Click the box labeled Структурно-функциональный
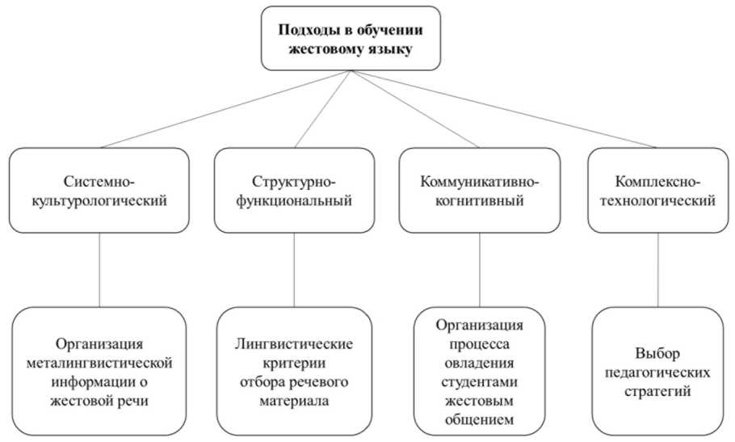[x=293, y=191]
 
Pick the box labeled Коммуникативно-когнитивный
[x=480, y=191]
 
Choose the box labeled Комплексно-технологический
[x=657, y=191]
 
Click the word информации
[x=91, y=380]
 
